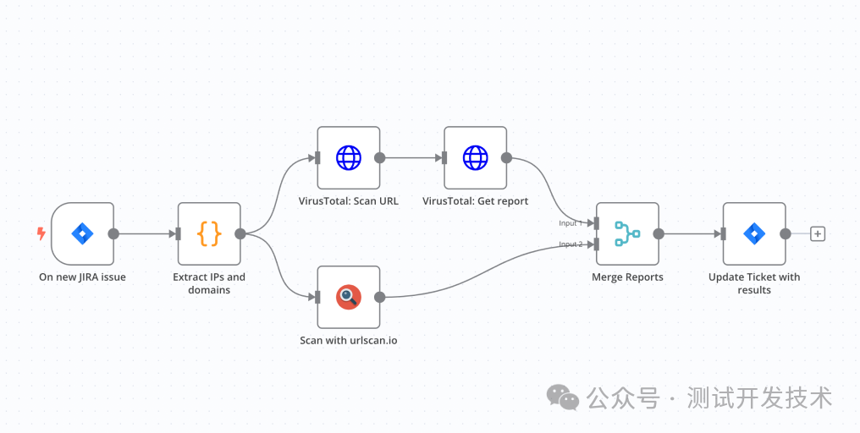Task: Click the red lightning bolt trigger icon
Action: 41,234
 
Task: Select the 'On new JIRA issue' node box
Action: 82,234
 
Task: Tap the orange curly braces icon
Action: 209,234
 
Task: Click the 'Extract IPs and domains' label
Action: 209,283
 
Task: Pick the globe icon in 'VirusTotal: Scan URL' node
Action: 348,158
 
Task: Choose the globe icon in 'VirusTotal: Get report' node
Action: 475,158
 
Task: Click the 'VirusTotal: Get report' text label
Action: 475,201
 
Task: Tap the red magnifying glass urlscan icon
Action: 348,297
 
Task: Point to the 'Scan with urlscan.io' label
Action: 348,340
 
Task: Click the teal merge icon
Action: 627,234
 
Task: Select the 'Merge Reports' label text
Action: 627,277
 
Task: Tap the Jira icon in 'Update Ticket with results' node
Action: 754,234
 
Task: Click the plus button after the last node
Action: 818,234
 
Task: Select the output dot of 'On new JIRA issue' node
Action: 113,234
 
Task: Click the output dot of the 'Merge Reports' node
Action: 659,234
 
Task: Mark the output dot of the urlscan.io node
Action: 379,297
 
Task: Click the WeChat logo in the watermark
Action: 563,397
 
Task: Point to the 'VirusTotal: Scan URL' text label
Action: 348,201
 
